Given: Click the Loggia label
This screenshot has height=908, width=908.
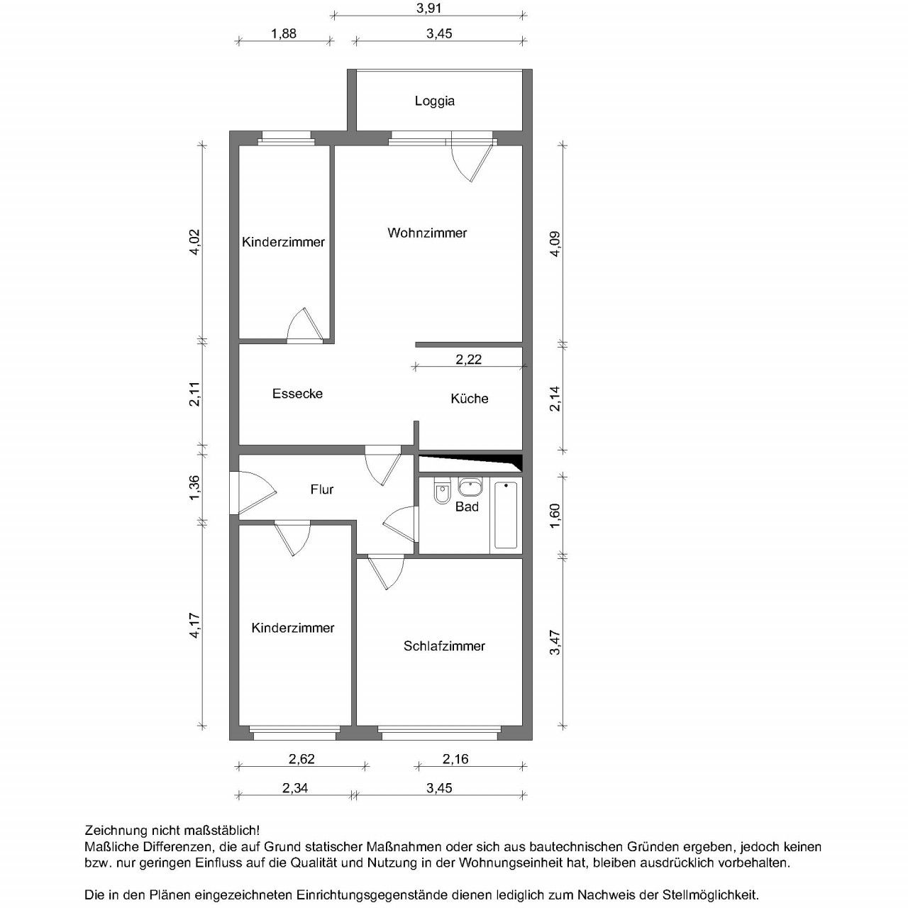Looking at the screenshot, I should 434,101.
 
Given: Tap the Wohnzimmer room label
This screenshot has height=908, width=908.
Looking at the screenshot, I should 427,233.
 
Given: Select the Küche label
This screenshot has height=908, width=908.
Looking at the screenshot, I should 469,399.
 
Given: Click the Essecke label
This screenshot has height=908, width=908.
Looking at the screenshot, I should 297,394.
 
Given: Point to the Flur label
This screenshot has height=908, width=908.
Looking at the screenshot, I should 321,489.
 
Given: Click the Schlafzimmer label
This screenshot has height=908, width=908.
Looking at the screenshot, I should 444,646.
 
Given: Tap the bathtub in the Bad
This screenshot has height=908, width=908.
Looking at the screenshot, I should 506,515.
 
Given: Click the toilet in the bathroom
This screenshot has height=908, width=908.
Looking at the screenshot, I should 442,492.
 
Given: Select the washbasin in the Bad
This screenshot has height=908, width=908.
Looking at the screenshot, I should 469,487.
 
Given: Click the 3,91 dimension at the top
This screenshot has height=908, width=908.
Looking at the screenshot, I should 428,9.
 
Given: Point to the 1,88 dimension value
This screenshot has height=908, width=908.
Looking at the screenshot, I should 284,33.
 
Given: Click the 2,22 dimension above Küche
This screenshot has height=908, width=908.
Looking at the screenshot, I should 468,360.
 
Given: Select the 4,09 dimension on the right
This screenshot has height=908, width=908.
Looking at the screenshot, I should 555,243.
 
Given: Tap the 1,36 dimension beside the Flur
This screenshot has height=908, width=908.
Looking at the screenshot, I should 195,487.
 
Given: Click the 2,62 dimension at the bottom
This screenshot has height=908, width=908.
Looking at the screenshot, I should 301,759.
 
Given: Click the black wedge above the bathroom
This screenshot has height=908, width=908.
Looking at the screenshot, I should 497,462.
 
